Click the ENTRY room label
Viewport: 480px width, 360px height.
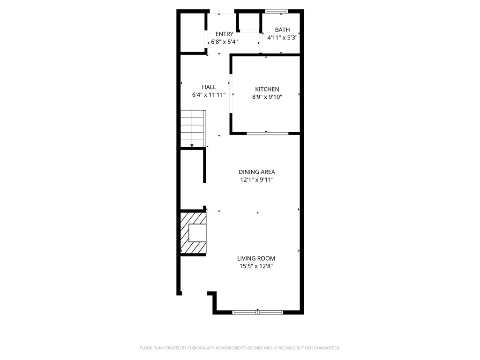225,34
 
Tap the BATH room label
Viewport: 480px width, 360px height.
282,30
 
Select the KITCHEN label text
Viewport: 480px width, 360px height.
267,89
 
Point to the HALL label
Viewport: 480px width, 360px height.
209,87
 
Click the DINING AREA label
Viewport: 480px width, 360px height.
257,172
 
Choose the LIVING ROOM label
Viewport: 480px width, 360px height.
256,258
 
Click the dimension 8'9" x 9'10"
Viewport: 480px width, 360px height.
267,97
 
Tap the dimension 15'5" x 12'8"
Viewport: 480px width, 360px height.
256,266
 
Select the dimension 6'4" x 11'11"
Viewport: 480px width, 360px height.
209,95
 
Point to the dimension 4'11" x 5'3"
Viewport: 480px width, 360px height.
283,37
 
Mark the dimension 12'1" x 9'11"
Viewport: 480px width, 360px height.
257,180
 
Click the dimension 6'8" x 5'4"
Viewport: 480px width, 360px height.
225,42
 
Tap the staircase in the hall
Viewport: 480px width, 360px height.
193,128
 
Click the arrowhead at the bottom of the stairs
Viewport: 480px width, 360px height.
192,146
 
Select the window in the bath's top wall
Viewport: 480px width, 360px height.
277,11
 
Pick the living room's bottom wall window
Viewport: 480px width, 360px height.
258,312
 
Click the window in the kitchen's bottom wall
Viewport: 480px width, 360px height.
268,133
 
